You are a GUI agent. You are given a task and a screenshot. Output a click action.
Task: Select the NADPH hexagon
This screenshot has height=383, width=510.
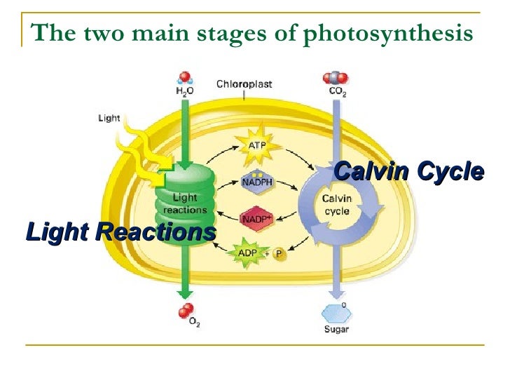coord(256,182)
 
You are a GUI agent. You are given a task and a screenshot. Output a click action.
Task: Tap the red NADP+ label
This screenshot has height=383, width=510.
coord(256,219)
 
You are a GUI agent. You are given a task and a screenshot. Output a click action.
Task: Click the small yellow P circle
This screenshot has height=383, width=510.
coord(279,254)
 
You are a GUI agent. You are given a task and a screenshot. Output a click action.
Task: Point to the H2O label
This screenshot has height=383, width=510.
coord(185,91)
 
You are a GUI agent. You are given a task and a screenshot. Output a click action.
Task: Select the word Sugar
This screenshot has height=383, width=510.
coord(337,329)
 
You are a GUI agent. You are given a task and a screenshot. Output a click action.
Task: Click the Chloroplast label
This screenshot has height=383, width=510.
coord(244,84)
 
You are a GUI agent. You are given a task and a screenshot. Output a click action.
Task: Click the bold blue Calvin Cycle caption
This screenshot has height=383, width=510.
coord(409,171)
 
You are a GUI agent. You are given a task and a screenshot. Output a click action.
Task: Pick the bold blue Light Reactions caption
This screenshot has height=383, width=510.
coord(120,231)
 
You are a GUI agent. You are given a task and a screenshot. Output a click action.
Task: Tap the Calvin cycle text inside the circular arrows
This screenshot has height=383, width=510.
coord(337,204)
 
